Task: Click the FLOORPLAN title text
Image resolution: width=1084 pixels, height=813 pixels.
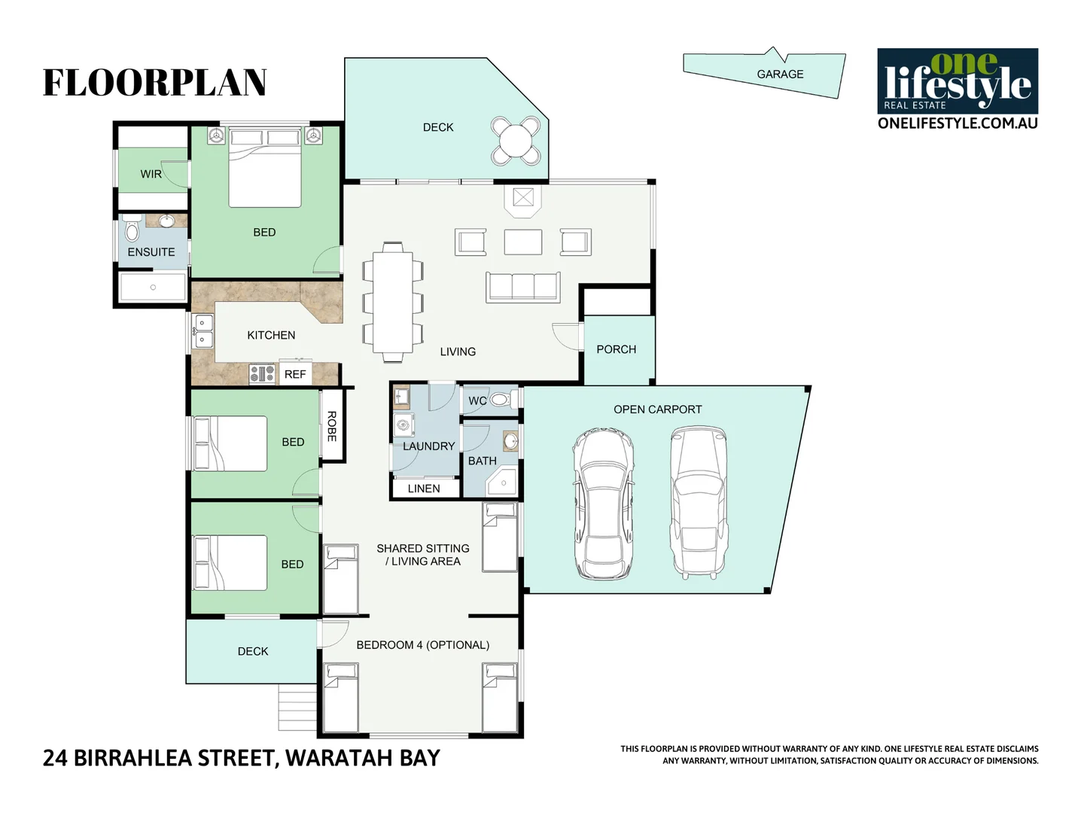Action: [154, 83]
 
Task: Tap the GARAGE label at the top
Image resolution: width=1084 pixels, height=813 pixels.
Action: [780, 75]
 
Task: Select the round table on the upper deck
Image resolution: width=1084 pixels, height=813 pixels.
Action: [516, 140]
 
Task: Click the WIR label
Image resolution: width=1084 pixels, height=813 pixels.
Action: [151, 174]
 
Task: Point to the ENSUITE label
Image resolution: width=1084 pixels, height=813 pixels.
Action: [151, 252]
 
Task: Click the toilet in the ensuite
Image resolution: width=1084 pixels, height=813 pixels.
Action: [132, 229]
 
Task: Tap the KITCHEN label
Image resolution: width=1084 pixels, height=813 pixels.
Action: [271, 335]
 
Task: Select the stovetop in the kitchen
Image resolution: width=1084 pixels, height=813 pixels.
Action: [262, 373]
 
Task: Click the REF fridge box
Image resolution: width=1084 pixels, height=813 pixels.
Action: [295, 374]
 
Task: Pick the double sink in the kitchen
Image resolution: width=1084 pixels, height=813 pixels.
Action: [202, 331]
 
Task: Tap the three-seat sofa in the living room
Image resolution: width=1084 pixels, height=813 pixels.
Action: [523, 287]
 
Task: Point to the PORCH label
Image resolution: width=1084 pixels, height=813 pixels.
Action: [616, 349]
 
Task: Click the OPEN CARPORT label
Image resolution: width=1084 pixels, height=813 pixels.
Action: [657, 410]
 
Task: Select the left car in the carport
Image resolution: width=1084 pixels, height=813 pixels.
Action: [602, 504]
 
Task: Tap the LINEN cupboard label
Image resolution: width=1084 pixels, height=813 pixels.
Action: [424, 489]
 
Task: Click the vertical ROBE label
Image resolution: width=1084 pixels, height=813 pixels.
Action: [332, 426]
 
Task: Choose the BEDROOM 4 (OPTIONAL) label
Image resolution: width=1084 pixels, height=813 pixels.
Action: [422, 645]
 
